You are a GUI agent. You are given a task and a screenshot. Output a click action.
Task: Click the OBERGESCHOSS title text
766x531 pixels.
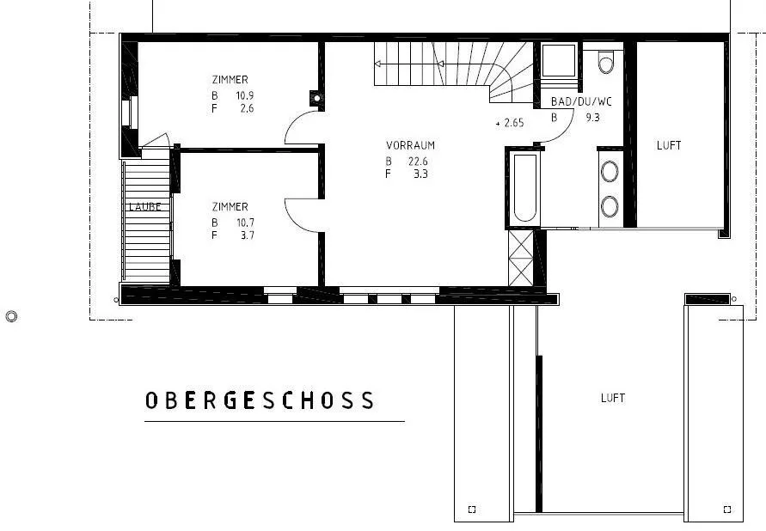(x=260, y=400)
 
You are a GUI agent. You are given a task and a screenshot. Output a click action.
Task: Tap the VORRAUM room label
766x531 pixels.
(x=410, y=145)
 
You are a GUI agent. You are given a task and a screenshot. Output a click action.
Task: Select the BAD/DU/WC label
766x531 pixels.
(x=581, y=101)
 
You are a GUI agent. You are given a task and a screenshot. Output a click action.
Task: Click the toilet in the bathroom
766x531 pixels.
(x=606, y=62)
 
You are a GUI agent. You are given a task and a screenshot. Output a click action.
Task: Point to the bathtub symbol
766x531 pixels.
(x=525, y=188)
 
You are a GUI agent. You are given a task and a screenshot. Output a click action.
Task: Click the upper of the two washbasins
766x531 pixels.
(x=610, y=171)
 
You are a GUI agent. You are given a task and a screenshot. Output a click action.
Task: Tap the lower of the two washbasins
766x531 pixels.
(x=610, y=207)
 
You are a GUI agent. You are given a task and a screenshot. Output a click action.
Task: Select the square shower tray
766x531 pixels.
(x=559, y=60)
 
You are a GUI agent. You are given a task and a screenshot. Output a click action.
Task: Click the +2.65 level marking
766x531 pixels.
(x=510, y=123)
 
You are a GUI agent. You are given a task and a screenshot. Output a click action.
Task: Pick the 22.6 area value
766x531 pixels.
(x=418, y=161)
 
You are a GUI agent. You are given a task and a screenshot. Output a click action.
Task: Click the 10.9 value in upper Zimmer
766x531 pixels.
(x=245, y=95)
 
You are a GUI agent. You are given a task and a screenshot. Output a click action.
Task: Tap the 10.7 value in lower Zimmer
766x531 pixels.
(x=246, y=223)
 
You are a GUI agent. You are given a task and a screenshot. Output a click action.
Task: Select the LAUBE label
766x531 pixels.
(x=145, y=206)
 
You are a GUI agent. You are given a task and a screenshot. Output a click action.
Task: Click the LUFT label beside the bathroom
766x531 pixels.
(x=669, y=145)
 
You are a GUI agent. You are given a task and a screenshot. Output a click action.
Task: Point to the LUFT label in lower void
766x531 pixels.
(x=613, y=399)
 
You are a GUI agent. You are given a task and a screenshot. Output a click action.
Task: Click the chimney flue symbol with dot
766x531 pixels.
(x=317, y=98)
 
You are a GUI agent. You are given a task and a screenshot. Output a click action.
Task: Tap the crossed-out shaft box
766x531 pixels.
(x=521, y=258)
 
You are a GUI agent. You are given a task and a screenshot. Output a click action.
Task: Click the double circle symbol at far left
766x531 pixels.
(x=12, y=317)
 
